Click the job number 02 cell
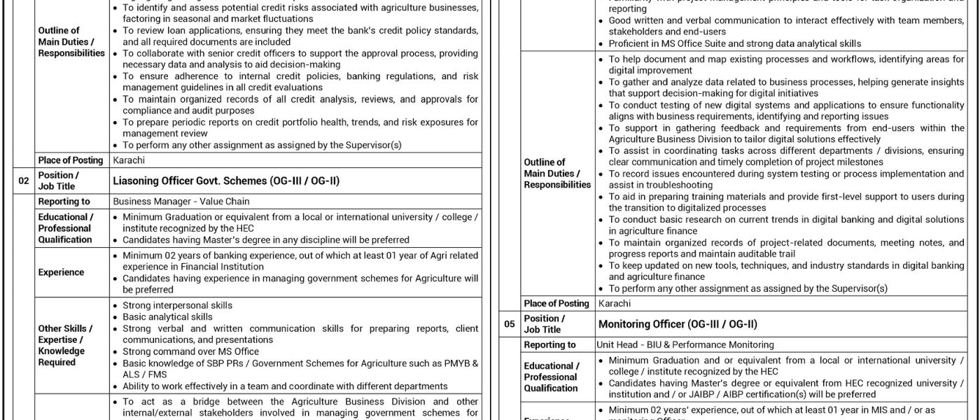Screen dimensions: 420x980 tap(24, 181)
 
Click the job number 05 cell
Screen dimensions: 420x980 tap(510, 324)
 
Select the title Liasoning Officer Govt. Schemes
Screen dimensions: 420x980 tap(225, 181)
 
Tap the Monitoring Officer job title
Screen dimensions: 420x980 tap(677, 324)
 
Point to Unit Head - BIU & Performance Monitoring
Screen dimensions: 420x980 tap(685, 344)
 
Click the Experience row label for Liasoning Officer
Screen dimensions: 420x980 tap(62, 272)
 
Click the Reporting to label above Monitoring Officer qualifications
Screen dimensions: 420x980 tap(549, 344)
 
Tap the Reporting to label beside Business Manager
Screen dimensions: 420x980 tap(64, 202)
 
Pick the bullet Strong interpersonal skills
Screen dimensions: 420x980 tap(177, 306)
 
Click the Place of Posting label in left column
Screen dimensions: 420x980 tap(70, 160)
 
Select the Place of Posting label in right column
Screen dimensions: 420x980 tap(556, 303)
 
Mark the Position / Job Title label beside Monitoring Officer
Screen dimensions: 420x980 tap(543, 324)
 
